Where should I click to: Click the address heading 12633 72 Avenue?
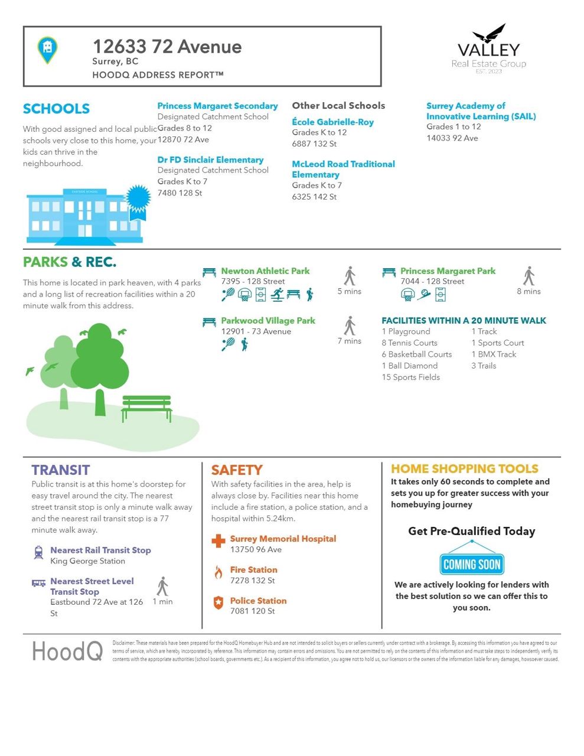(167, 47)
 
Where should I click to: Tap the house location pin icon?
(47, 50)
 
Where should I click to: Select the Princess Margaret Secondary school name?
(217, 106)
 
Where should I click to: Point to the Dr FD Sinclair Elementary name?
(210, 159)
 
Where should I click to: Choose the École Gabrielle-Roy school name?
(332, 122)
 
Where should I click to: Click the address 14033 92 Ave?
(452, 138)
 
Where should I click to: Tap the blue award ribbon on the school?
(138, 200)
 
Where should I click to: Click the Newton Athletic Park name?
(265, 271)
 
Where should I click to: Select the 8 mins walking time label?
(528, 291)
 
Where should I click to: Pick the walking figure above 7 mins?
(350, 325)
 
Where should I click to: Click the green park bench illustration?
(146, 408)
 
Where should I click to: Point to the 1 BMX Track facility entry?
(494, 354)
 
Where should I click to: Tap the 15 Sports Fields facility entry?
(410, 377)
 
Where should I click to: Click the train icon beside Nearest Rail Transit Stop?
(39, 552)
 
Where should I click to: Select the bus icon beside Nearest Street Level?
(39, 583)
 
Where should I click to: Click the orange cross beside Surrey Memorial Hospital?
(218, 540)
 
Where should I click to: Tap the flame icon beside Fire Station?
(218, 572)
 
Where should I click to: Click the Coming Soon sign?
(472, 564)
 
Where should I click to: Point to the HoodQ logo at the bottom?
(67, 651)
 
